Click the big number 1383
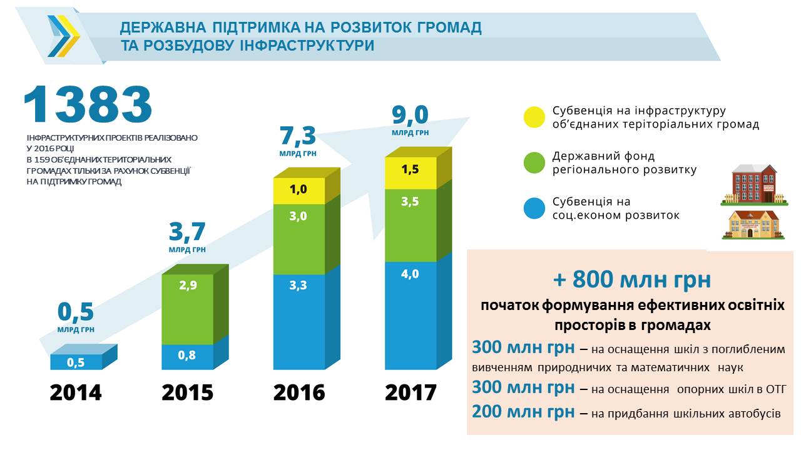pyautogui.click(x=88, y=104)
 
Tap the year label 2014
pyautogui.click(x=76, y=392)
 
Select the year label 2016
pyautogui.click(x=299, y=392)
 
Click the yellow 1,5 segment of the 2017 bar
pyautogui.click(x=411, y=172)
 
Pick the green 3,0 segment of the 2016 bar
pyautogui.click(x=298, y=239)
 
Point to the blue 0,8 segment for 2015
pyautogui.click(x=186, y=356)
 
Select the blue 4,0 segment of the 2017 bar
pyautogui.click(x=411, y=315)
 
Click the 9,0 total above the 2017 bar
pyautogui.click(x=411, y=116)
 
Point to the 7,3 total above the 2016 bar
pyautogui.click(x=298, y=135)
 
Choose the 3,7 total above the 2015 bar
pyautogui.click(x=187, y=232)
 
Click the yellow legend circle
pyautogui.click(x=534, y=117)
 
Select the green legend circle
pyautogui.click(x=534, y=162)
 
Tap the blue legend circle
pyautogui.click(x=534, y=209)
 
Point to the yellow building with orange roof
pyautogui.click(x=753, y=224)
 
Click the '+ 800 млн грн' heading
pyautogui.click(x=632, y=279)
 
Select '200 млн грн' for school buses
pyautogui.click(x=523, y=412)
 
